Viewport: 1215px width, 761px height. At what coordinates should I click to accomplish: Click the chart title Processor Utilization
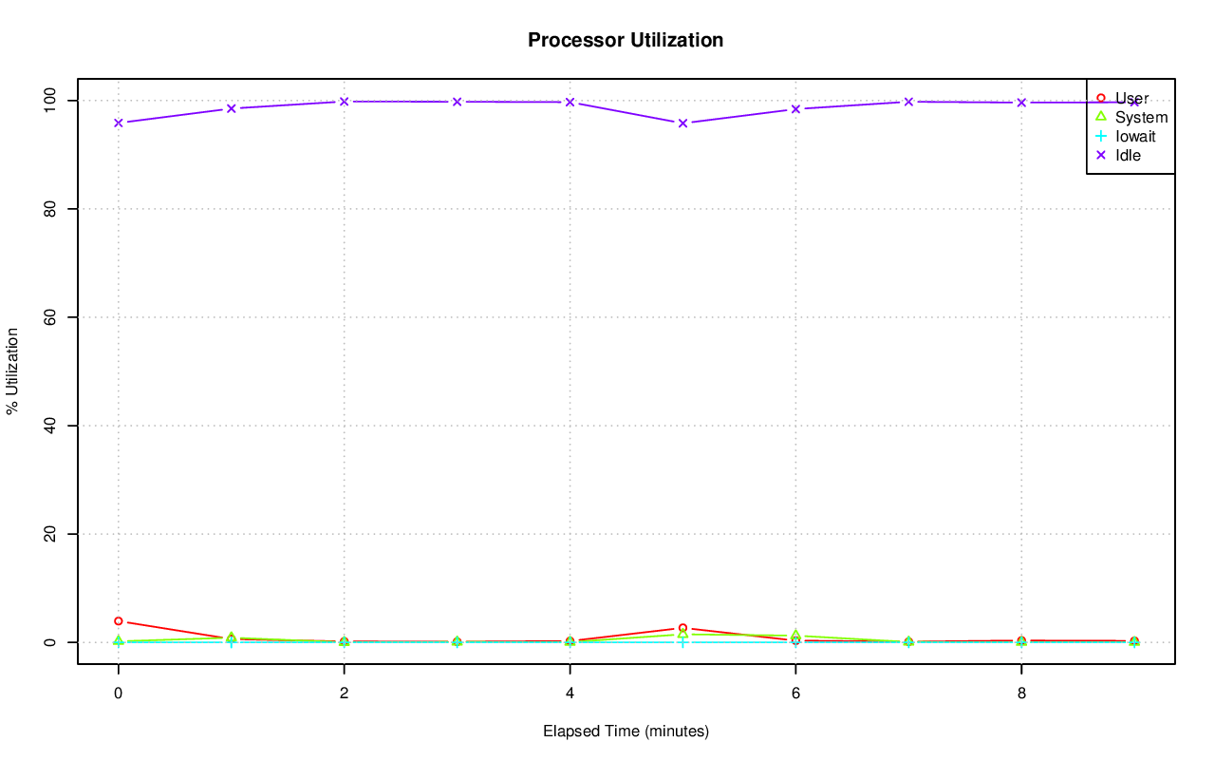(x=626, y=40)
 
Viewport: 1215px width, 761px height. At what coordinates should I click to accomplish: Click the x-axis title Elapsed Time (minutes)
(x=626, y=732)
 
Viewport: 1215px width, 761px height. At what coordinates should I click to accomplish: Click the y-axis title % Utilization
(x=12, y=371)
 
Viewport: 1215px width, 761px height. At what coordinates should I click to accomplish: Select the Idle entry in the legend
(x=1128, y=155)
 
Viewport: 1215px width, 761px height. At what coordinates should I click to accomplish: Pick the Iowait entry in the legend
(x=1135, y=136)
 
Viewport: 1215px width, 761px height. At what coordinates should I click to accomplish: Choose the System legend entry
(x=1141, y=117)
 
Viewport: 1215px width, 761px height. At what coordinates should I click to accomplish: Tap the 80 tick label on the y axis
(x=51, y=208)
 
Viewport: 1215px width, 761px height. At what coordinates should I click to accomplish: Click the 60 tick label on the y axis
(x=51, y=316)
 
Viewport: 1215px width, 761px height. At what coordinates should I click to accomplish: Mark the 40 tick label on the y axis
(x=51, y=426)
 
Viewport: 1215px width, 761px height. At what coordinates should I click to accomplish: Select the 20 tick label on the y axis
(x=51, y=534)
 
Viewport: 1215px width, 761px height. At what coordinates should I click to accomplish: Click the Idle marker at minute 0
(x=118, y=123)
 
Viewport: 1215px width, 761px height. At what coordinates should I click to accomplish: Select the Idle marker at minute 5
(x=682, y=123)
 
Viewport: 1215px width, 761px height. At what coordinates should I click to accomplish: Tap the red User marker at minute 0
(x=118, y=621)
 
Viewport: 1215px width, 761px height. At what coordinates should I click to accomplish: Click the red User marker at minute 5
(x=682, y=628)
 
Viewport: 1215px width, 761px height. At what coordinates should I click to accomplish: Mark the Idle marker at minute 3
(x=457, y=102)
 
